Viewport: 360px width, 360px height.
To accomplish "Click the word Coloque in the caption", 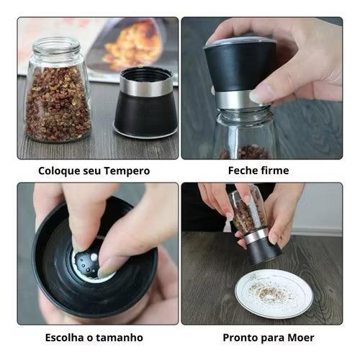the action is click(59, 171).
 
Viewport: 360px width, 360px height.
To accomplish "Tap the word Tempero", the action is click(127, 171).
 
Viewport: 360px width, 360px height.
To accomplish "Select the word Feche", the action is click(243, 171).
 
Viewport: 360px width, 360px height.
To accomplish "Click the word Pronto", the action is click(240, 338).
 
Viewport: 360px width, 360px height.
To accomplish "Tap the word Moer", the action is click(301, 338).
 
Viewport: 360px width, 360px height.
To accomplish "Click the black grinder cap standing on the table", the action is click(145, 103).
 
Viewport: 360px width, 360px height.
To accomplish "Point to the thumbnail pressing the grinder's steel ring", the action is click(258, 96).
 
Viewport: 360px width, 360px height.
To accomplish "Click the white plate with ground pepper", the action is click(274, 294).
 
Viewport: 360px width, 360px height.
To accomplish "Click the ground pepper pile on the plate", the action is click(269, 291).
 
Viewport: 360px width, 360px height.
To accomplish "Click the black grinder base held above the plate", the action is click(265, 252).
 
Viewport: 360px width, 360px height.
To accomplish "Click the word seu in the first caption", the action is click(92, 171).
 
